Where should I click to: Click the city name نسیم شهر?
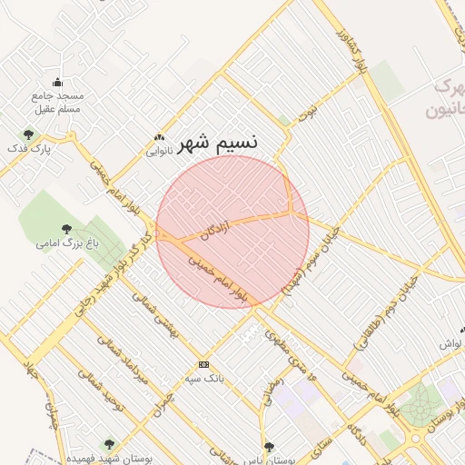coord(218,143)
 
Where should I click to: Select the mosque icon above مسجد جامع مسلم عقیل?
coord(58,83)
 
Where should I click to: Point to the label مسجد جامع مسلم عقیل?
coord(58,103)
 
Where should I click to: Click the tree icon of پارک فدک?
coord(28,134)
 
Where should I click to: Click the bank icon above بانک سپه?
coord(203,363)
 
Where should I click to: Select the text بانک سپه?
coord(204,377)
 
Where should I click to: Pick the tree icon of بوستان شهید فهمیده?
coord(109,444)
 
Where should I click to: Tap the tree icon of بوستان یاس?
coord(269,446)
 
